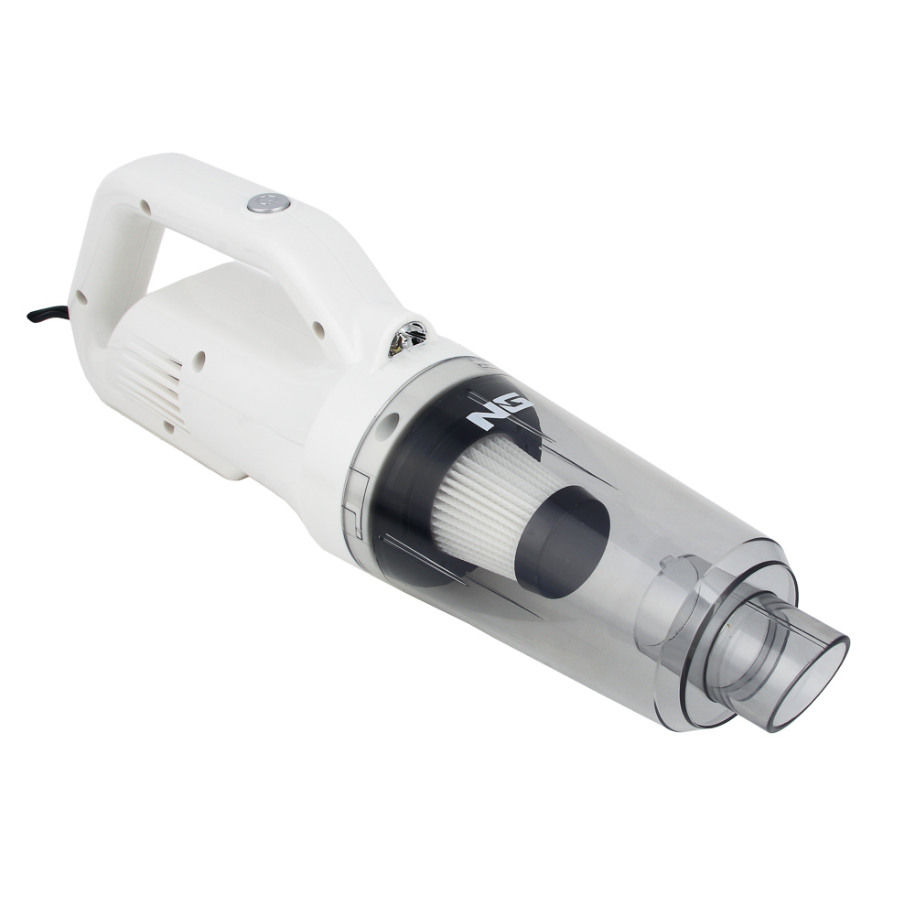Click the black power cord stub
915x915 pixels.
[x=42, y=315]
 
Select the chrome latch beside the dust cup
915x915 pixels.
[x=408, y=338]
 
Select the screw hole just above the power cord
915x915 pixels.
[x=81, y=297]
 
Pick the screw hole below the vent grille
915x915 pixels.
[x=168, y=426]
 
